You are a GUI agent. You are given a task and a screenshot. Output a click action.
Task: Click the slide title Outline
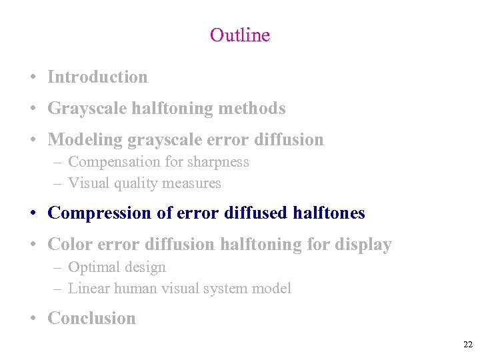click(239, 35)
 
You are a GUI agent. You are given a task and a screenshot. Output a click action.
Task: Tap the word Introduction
click(98, 77)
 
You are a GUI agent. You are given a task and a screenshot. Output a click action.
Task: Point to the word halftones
click(329, 213)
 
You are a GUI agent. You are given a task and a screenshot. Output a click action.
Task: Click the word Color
click(69, 245)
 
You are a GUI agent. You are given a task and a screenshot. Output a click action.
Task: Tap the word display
click(365, 245)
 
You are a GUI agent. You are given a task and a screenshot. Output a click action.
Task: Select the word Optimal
click(93, 267)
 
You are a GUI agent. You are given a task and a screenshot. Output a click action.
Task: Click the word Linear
click(89, 289)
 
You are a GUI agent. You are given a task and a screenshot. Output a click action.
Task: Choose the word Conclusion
click(91, 319)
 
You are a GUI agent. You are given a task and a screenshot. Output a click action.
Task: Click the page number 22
click(467, 345)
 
